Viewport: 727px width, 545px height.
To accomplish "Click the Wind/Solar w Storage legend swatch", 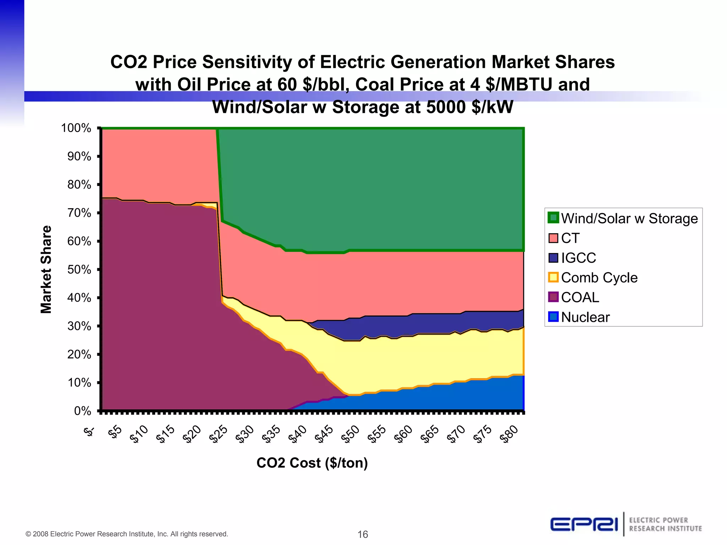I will tap(553, 218).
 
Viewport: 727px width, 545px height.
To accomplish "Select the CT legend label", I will tap(570, 238).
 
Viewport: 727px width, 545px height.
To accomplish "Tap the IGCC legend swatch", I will tap(553, 258).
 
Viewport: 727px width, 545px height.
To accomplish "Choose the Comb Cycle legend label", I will tap(599, 277).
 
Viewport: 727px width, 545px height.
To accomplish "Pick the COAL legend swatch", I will tap(553, 297).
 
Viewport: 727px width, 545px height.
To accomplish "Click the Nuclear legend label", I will tap(585, 317).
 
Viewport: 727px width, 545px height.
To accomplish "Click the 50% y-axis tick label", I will tap(79, 269).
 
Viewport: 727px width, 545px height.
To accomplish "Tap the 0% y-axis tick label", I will tap(82, 411).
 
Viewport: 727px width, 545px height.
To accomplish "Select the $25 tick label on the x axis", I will tap(218, 434).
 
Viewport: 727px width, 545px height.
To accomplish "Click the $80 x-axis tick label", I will tap(509, 434).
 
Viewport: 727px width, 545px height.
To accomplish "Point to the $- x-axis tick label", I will tap(89, 431).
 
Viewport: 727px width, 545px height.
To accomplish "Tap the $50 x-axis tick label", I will tap(350, 434).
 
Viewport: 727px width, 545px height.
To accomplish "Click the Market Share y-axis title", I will tap(46, 269).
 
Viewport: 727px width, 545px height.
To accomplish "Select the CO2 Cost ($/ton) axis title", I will tap(312, 463).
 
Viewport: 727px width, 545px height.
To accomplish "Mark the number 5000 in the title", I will tap(446, 107).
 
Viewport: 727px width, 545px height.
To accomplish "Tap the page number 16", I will tap(362, 534).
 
